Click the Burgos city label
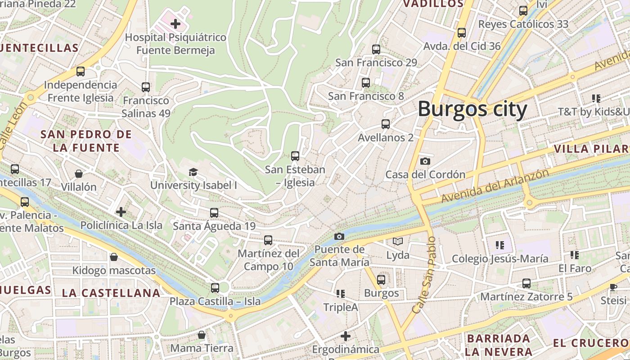pyautogui.click(x=472, y=109)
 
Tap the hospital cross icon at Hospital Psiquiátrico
pyautogui.click(x=175, y=24)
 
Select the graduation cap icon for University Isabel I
pyautogui.click(x=193, y=172)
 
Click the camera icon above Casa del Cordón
pyautogui.click(x=425, y=161)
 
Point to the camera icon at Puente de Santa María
pyautogui.click(x=339, y=236)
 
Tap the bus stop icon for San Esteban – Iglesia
pyautogui.click(x=295, y=156)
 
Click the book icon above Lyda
pyautogui.click(x=398, y=242)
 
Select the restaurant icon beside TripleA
pyautogui.click(x=341, y=294)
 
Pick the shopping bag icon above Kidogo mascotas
pyautogui.click(x=114, y=257)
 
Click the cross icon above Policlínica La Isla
pyautogui.click(x=121, y=211)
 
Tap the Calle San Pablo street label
pyautogui.click(x=423, y=275)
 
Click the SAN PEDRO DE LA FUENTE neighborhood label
pyautogui.click(x=86, y=141)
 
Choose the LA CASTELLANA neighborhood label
pyautogui.click(x=111, y=293)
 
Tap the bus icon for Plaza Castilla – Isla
pyautogui.click(x=215, y=288)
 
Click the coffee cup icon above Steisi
pyautogui.click(x=613, y=287)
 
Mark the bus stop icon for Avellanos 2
pyautogui.click(x=386, y=124)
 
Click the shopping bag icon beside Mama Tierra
pyautogui.click(x=202, y=335)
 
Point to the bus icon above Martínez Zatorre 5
pyautogui.click(x=526, y=283)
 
